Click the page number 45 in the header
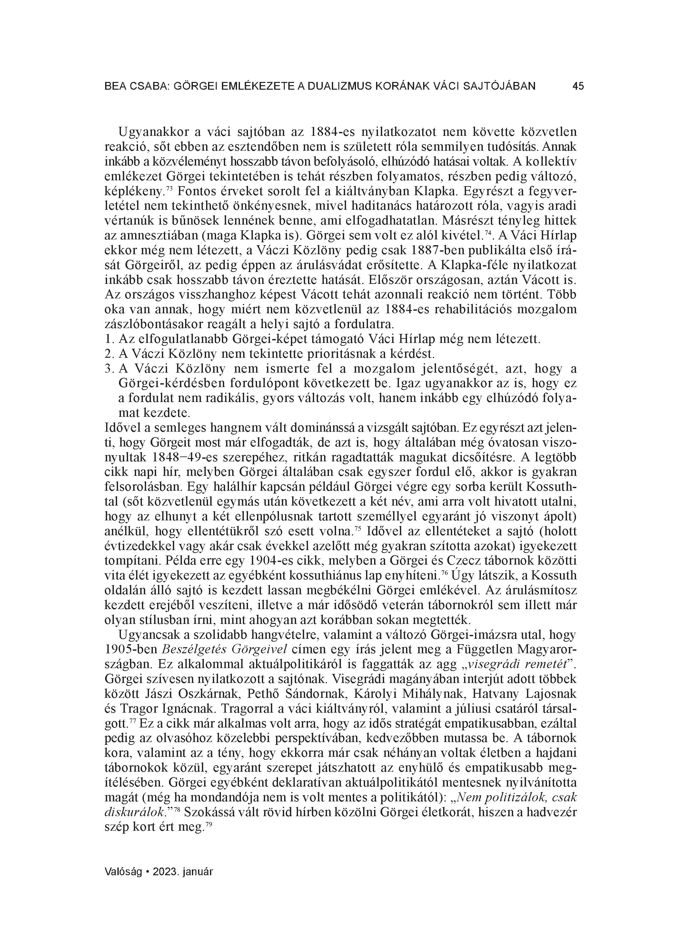(x=578, y=86)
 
